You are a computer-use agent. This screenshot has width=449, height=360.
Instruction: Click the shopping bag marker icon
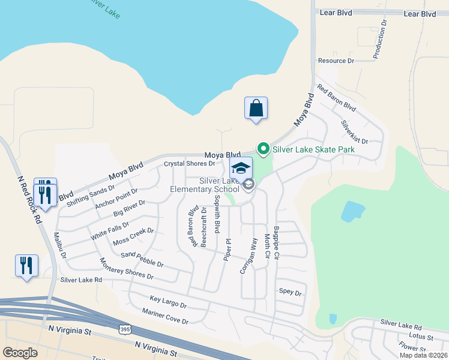coord(256,109)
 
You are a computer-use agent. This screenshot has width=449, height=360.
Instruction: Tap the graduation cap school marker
coord(241,169)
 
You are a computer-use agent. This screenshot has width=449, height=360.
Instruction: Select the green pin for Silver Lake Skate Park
coord(262,148)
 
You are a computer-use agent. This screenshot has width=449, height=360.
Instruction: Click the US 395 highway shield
coord(124,329)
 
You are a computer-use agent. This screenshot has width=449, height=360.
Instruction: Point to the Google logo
coord(20,353)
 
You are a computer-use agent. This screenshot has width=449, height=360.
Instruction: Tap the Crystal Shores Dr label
coord(190,163)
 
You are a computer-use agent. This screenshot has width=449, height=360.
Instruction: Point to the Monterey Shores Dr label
coord(126,269)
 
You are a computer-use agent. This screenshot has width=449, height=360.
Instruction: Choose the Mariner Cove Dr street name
coord(165,316)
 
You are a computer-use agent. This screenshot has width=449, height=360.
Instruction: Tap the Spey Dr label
coord(289,292)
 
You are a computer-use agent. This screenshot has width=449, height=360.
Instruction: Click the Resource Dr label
coord(336,61)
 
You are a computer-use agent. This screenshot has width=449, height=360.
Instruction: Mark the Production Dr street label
coord(379,39)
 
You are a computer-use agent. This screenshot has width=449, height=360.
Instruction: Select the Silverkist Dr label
coord(354,132)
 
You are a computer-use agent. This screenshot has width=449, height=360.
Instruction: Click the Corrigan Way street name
coord(249,256)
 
